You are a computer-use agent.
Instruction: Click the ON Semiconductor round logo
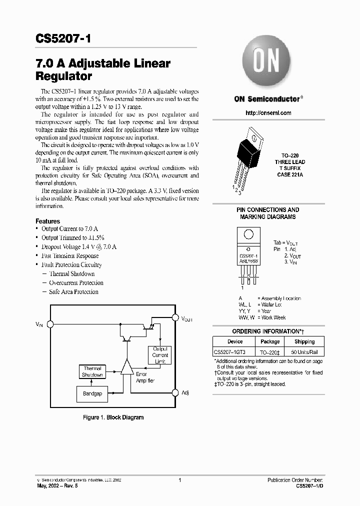[x=266, y=63]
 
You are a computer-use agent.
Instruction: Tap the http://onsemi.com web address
[x=268, y=113]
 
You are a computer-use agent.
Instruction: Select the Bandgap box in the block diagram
[x=92, y=393]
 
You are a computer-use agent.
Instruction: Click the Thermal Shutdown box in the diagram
[x=92, y=371]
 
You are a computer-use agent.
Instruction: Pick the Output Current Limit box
[x=160, y=355]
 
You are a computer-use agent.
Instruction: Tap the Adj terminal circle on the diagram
[x=175, y=393]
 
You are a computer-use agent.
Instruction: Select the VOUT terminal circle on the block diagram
[x=175, y=317]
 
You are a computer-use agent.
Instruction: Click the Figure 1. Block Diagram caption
[x=113, y=417]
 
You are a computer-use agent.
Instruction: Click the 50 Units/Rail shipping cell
[x=304, y=352]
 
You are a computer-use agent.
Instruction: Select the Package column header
[x=270, y=342]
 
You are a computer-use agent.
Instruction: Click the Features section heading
[x=47, y=221]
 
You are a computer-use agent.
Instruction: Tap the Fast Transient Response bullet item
[x=70, y=256]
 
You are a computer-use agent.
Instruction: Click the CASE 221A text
[x=289, y=175]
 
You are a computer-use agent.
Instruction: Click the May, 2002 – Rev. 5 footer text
[x=58, y=485]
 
